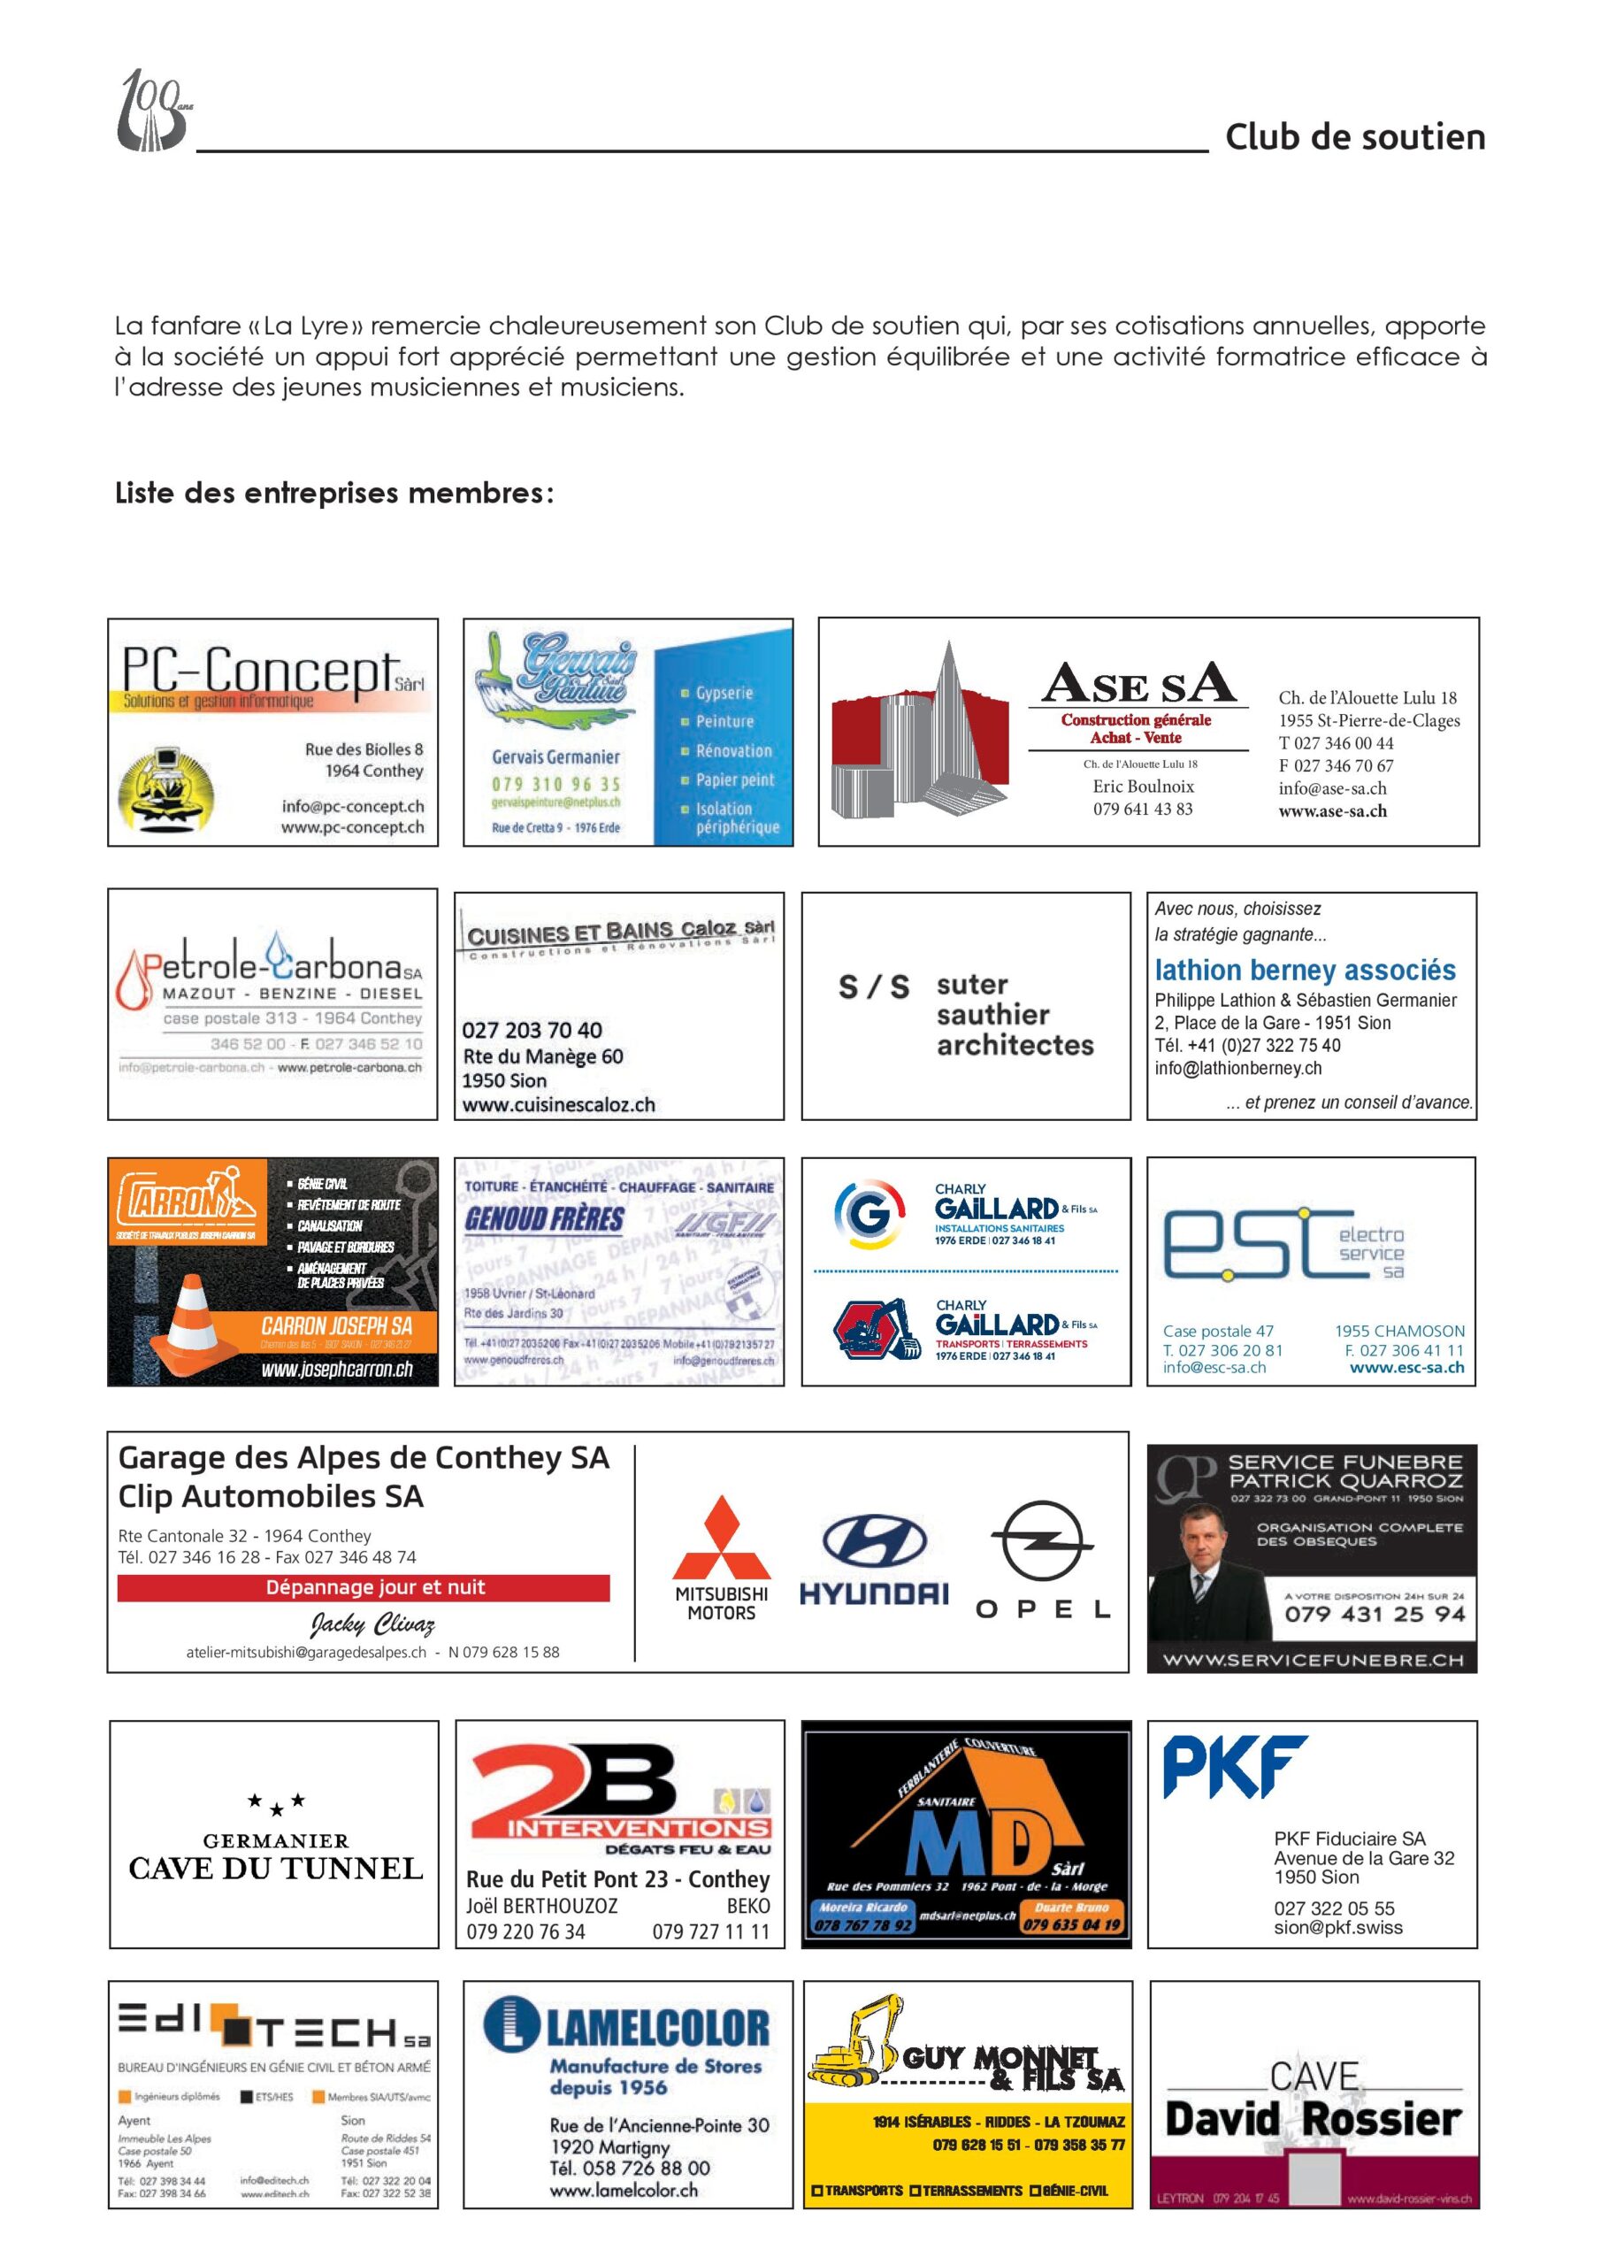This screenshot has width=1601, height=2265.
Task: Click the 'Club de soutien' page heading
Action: click(1354, 137)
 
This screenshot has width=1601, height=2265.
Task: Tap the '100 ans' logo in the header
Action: click(153, 111)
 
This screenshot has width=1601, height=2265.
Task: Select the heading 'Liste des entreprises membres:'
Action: click(334, 492)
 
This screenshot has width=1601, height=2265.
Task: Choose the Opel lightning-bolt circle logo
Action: click(1041, 1541)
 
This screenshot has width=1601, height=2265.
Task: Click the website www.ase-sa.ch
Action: click(1332, 811)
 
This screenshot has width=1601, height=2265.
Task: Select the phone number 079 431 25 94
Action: click(1374, 1614)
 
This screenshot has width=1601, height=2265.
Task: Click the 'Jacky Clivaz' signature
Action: click(372, 1624)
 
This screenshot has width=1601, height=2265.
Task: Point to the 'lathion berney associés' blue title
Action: click(1304, 971)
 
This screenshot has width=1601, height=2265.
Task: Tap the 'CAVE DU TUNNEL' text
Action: click(275, 1869)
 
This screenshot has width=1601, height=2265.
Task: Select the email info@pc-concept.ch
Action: click(352, 806)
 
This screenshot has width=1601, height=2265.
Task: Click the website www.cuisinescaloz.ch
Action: click(558, 1105)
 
